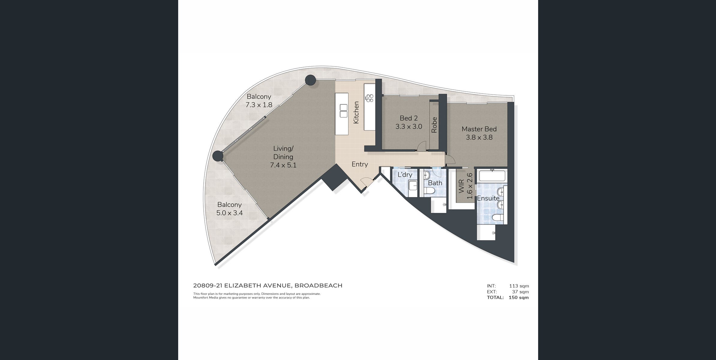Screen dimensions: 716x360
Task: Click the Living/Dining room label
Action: pyautogui.click(x=283, y=157)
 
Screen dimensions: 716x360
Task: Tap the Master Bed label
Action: pyautogui.click(x=479, y=133)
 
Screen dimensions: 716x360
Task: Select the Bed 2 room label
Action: pyautogui.click(x=409, y=122)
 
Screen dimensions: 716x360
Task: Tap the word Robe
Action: pyautogui.click(x=434, y=125)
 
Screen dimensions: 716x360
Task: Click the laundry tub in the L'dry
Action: pyautogui.click(x=413, y=186)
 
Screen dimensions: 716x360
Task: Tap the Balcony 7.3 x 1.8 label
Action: pyautogui.click(x=259, y=101)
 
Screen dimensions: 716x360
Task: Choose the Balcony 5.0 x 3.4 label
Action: pyautogui.click(x=229, y=209)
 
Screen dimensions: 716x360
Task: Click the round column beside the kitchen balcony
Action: pyautogui.click(x=100, y=80)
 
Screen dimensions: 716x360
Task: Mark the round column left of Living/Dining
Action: pyautogui.click(x=218, y=156)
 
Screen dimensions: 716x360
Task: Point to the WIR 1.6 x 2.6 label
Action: pyautogui.click(x=466, y=186)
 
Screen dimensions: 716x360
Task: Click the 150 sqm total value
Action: pyautogui.click(x=519, y=298)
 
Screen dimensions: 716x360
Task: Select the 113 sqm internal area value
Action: pyautogui.click(x=519, y=286)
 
